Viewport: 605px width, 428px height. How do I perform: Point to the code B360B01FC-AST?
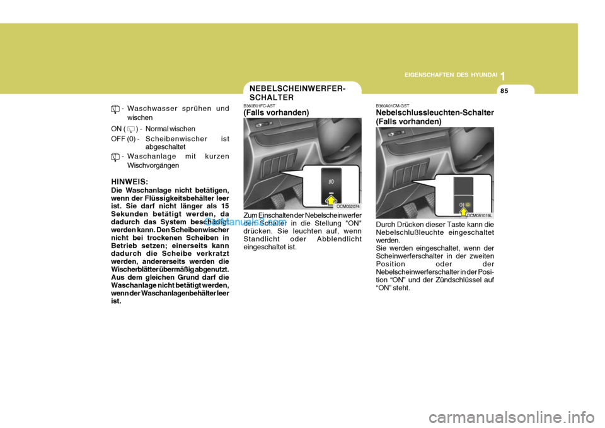tap(260, 106)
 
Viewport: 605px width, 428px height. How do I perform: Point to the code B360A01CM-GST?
tap(393, 106)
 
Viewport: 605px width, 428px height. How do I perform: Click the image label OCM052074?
tap(347, 206)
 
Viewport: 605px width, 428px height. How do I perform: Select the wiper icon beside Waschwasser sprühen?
tap(115, 109)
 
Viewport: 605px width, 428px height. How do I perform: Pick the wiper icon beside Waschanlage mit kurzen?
tap(115, 157)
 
